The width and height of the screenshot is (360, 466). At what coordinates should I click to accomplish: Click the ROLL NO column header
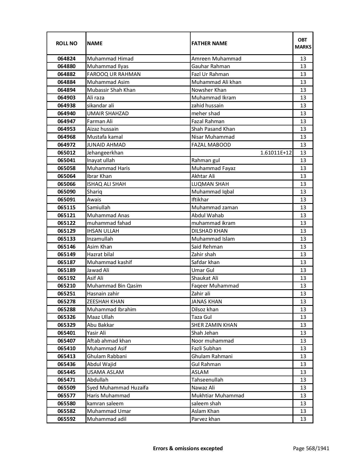(66, 43)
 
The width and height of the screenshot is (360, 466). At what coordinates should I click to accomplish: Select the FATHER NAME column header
(209, 43)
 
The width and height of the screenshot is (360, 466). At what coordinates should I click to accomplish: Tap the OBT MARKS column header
(303, 43)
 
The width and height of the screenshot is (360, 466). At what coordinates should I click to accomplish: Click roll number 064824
(66, 59)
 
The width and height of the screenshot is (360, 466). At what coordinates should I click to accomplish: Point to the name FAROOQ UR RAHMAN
(114, 74)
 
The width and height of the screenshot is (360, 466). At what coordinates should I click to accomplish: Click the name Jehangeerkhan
(105, 153)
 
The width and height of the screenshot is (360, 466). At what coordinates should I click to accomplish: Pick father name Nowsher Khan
(209, 90)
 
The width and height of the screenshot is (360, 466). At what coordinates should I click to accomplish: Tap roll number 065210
(66, 286)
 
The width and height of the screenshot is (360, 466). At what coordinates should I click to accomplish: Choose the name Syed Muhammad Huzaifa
(117, 388)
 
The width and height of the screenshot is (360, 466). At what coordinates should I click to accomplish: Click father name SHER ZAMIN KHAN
(214, 325)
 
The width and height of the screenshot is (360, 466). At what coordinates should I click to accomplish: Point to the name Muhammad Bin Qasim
(114, 286)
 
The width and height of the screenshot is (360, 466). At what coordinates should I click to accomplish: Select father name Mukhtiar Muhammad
(217, 396)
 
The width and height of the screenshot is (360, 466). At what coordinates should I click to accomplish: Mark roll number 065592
(66, 419)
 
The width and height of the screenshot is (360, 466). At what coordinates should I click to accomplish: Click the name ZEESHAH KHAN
(105, 302)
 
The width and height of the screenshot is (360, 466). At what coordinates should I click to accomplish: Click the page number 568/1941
(311, 448)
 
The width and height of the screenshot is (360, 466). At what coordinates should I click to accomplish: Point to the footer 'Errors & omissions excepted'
(188, 448)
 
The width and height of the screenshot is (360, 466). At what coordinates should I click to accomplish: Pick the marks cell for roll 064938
(303, 106)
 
